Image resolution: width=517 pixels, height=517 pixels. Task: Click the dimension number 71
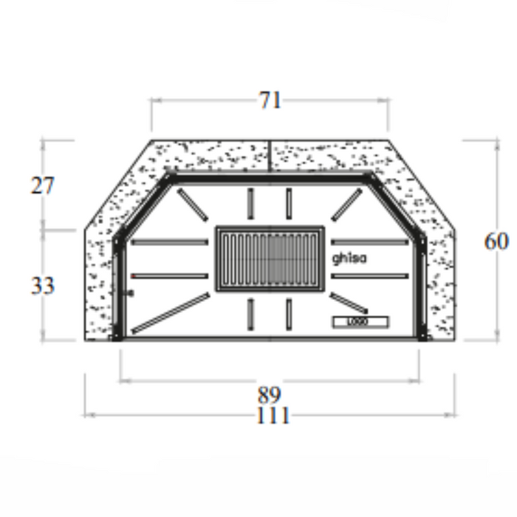[x=270, y=100]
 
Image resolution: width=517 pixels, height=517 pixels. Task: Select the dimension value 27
[x=42, y=185]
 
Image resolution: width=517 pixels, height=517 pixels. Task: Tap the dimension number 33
[x=42, y=285]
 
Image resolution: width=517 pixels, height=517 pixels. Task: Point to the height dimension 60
[x=496, y=241]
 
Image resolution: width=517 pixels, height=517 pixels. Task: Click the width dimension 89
[x=270, y=394]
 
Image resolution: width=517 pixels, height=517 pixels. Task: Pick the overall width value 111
[x=273, y=416]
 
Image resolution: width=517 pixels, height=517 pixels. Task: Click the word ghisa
[x=349, y=258]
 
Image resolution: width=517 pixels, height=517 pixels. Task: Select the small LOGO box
[x=360, y=322]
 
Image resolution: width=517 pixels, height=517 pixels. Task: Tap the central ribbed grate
[x=270, y=258]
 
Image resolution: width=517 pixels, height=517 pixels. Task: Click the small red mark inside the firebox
[x=133, y=276]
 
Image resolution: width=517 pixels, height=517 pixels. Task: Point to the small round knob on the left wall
[x=131, y=293]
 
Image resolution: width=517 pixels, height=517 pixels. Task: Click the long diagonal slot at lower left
[x=170, y=312]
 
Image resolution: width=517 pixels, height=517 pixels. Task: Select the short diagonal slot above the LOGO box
[x=349, y=302]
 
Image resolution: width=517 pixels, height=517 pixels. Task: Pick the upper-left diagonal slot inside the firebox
[x=191, y=204]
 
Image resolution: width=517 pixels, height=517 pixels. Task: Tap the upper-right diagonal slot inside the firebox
[x=346, y=205]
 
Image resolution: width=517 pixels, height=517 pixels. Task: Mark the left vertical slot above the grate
[x=250, y=203]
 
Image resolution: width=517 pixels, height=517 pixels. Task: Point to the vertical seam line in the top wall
[x=270, y=157]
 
